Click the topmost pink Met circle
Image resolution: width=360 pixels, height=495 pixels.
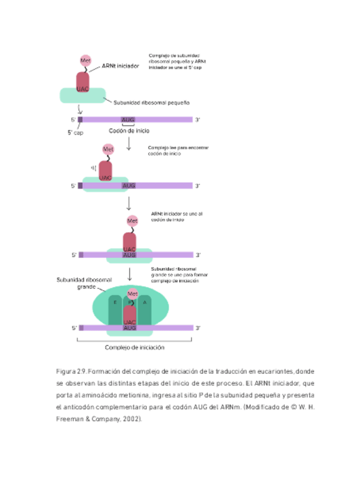coord(85,61)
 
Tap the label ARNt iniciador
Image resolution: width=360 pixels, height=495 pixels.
coord(120,67)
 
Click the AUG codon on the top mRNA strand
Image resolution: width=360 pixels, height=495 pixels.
coord(128,120)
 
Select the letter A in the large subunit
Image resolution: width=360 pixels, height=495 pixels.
coord(145,302)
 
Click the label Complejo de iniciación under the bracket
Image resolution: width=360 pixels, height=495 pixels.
coord(135,348)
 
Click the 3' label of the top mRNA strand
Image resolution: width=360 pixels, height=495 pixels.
coord(198,120)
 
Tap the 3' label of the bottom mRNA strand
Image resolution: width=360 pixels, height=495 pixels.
coord(198,328)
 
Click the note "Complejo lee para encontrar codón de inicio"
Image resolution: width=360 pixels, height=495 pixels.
coord(178,151)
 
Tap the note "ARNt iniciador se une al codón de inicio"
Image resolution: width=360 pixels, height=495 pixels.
coord(177,217)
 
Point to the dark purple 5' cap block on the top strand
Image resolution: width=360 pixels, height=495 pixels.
coord(80,120)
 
